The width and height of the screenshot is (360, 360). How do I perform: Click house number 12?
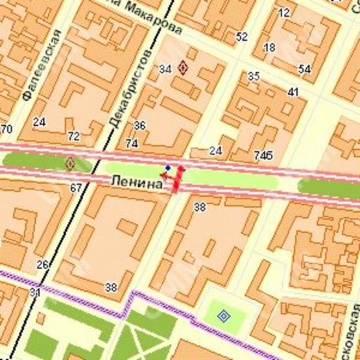click(x=283, y=12)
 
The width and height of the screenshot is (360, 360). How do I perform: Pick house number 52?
click(x=242, y=36)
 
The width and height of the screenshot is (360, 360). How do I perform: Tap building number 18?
click(x=269, y=47)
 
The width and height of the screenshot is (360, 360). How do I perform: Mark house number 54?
click(x=304, y=69)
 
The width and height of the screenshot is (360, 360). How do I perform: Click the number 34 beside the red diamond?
click(x=165, y=68)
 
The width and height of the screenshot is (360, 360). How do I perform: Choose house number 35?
click(x=254, y=77)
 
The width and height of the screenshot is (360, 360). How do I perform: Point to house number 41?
click(x=293, y=92)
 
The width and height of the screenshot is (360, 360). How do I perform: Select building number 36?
click(x=139, y=125)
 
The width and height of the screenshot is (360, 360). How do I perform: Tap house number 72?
click(x=74, y=136)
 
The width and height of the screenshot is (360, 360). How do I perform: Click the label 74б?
click(x=263, y=155)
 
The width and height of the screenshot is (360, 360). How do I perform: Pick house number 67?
click(x=76, y=188)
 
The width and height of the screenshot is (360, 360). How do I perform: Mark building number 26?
click(x=43, y=264)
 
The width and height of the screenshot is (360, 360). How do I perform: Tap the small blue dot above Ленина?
click(x=167, y=168)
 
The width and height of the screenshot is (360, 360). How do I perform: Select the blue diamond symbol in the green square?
click(x=224, y=317)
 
